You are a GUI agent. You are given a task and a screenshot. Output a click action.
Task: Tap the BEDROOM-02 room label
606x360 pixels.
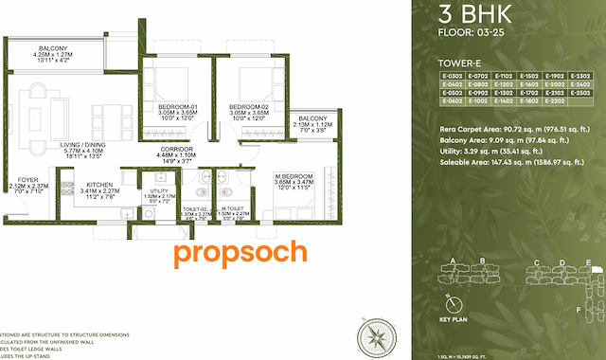pyautogui.click(x=250, y=105)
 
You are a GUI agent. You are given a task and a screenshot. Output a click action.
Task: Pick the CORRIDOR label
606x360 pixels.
pyautogui.click(x=176, y=149)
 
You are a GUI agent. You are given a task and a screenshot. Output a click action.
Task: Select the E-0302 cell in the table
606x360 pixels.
pyautogui.click(x=452, y=75)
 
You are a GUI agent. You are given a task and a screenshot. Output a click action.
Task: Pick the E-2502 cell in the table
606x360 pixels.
pyautogui.click(x=579, y=92)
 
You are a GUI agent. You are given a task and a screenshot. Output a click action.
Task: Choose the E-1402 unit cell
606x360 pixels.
pyautogui.click(x=503, y=100)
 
